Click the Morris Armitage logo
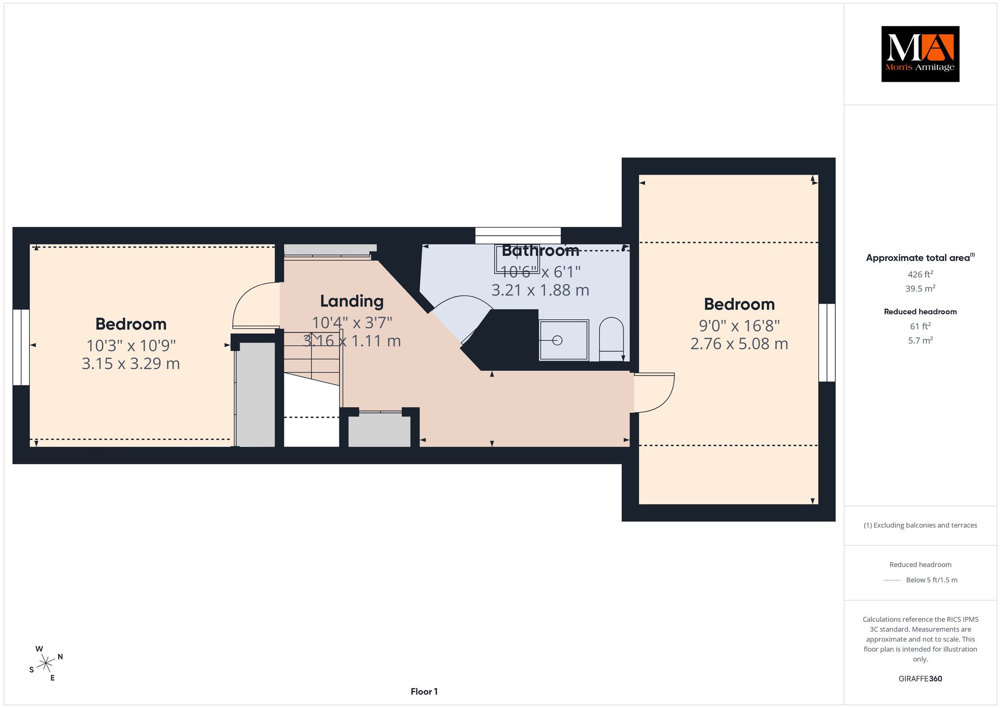click(920, 54)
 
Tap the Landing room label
click(352, 301)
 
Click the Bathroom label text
click(541, 251)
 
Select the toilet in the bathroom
click(611, 339)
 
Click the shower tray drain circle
click(558, 340)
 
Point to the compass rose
click(46, 663)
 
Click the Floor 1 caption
click(424, 691)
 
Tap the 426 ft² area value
click(920, 274)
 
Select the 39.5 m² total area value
click(920, 288)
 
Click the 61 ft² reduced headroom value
click(920, 326)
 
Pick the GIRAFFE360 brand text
click(920, 679)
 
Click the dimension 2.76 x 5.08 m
click(739, 344)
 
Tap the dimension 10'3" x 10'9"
click(131, 346)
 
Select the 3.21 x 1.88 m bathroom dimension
click(540, 290)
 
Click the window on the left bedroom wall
click(21, 347)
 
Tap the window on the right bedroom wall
click(827, 342)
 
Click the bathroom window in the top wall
click(518, 236)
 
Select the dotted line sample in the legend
click(892, 580)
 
